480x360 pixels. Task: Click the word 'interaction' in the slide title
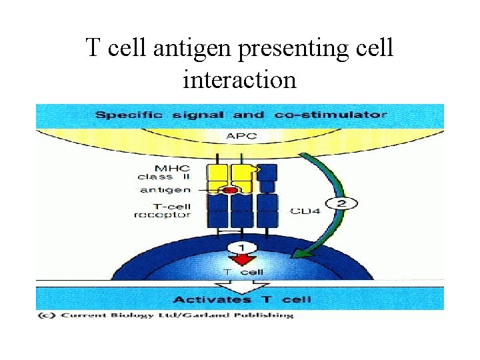tap(239, 79)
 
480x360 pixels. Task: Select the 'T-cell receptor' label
tap(163, 210)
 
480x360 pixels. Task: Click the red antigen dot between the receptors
tap(230, 191)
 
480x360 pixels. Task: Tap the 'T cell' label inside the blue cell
tap(243, 271)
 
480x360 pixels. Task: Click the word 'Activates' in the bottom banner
tap(203, 299)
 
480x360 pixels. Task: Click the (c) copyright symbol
tap(47, 315)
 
